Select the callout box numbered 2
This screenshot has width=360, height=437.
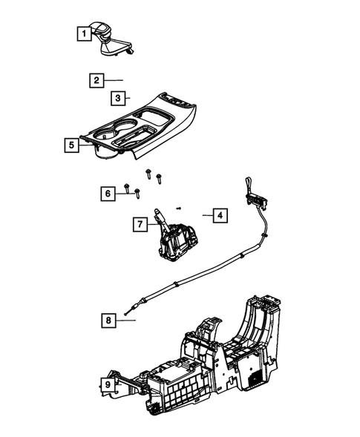(96, 79)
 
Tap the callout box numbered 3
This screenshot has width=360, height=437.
(117, 97)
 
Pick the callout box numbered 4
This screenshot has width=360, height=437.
(220, 216)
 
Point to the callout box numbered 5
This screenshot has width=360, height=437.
(71, 145)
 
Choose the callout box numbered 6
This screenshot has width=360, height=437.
(108, 194)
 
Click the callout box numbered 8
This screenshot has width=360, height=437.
(109, 321)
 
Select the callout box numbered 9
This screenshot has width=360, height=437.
(108, 385)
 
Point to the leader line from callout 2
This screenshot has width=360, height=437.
(114, 79)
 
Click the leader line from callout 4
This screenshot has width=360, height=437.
(204, 216)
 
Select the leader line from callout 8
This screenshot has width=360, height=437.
(128, 321)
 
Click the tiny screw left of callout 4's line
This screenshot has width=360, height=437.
(179, 208)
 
